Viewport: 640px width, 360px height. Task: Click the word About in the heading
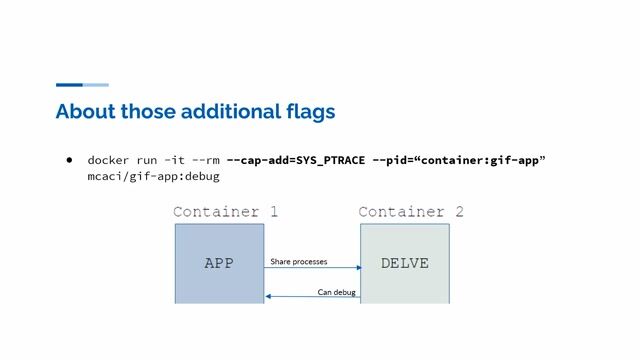tap(84, 111)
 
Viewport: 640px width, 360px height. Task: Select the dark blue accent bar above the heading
tap(69, 85)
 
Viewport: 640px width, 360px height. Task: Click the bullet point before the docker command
tap(71, 160)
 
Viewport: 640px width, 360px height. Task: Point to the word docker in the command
tap(108, 160)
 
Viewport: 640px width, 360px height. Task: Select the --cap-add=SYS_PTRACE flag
tap(295, 160)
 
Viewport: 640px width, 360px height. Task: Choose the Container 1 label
tap(225, 212)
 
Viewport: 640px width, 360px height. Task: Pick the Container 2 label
tap(411, 212)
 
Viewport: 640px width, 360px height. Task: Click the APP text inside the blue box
tap(219, 264)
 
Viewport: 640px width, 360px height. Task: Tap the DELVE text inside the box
tap(405, 264)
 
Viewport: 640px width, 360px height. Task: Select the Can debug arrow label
tap(337, 292)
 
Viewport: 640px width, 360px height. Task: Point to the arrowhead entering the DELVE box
tap(357, 268)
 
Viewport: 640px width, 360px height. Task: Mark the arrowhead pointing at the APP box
tap(268, 296)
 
